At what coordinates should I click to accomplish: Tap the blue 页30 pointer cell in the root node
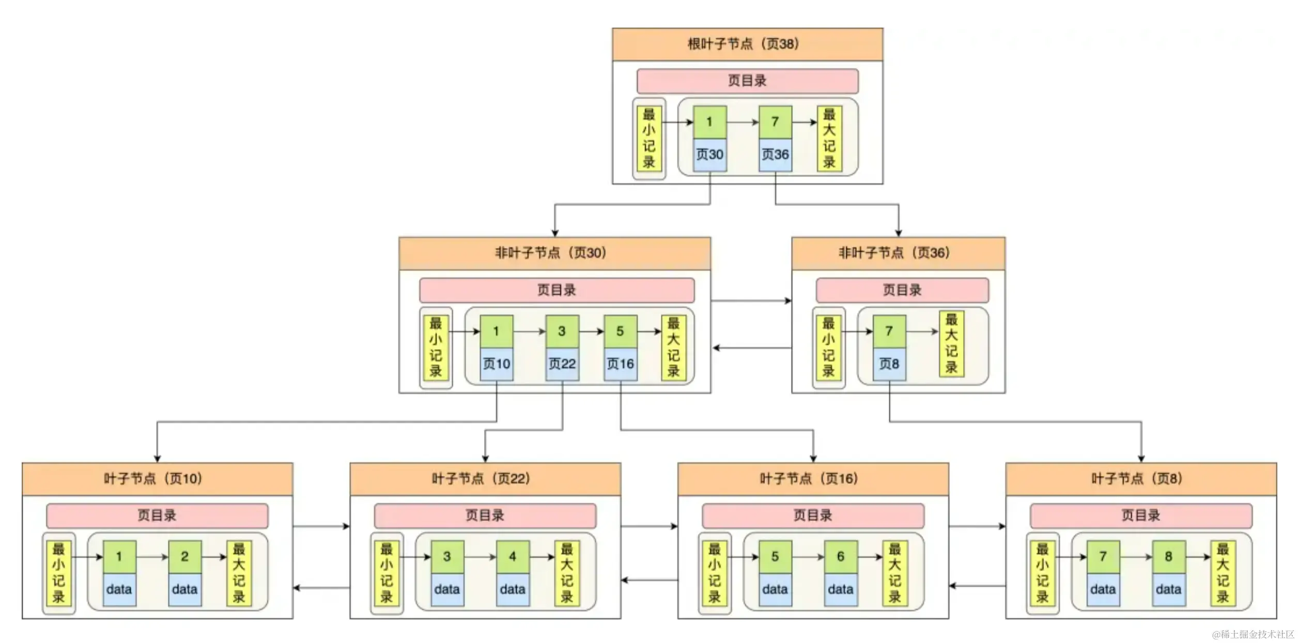[x=709, y=154]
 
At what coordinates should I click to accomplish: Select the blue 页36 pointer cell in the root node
[x=775, y=154]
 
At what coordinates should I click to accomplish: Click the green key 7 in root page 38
[x=775, y=122]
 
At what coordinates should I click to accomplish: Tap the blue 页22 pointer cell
[x=562, y=364]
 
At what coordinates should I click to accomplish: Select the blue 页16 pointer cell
[x=620, y=364]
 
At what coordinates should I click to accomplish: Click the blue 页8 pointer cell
[x=889, y=364]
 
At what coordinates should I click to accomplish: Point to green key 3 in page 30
[x=562, y=332]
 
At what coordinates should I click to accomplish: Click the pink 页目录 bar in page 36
[x=902, y=290]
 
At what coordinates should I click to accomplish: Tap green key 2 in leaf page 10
[x=184, y=557]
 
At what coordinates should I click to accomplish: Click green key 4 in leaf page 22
[x=512, y=557]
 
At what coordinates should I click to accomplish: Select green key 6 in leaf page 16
[x=840, y=557]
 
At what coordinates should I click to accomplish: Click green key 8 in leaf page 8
[x=1168, y=557]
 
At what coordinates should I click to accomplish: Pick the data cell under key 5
[x=775, y=589]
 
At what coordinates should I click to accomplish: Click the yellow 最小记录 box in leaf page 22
[x=387, y=573]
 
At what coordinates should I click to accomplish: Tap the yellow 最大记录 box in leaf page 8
[x=1223, y=573]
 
